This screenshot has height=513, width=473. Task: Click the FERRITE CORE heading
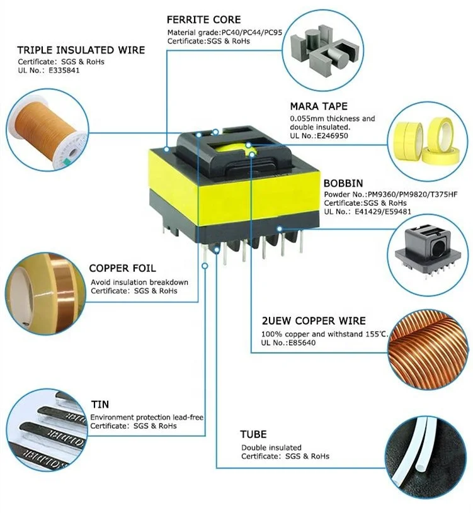click(204, 20)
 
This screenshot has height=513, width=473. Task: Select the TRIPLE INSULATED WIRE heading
click(81, 50)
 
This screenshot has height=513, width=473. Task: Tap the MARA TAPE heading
click(319, 106)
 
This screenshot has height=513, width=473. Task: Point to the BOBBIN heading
click(343, 183)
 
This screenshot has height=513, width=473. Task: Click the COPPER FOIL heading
click(122, 268)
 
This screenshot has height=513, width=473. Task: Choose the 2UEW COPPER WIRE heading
click(314, 321)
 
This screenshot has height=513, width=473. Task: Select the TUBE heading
click(253, 434)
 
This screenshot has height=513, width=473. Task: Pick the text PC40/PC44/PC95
click(252, 32)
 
